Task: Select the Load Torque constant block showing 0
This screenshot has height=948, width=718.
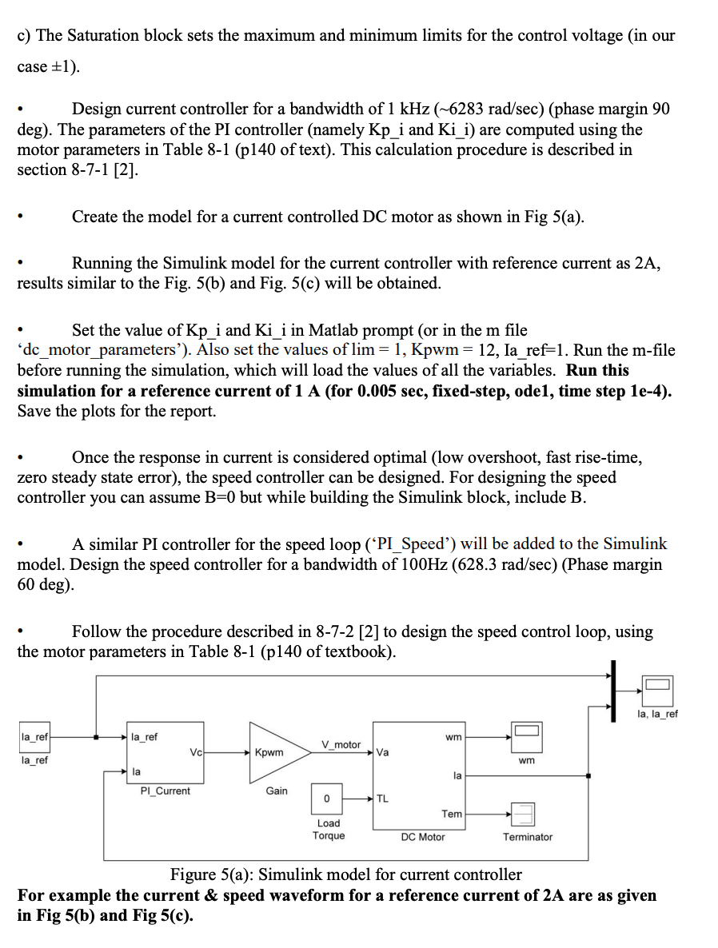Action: [x=326, y=799]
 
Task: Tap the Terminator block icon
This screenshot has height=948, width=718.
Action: [x=526, y=815]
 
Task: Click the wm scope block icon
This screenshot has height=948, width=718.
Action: [x=527, y=731]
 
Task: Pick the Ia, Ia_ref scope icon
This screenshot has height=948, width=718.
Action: [x=656, y=687]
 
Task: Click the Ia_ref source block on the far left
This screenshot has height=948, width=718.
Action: [x=34, y=737]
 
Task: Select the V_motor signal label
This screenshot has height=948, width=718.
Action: [x=341, y=744]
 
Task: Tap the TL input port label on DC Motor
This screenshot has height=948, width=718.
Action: [x=383, y=799]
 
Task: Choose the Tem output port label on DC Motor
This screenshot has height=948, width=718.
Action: [x=452, y=814]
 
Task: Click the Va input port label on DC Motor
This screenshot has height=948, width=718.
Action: [x=383, y=752]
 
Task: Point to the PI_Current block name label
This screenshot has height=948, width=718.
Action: [x=166, y=791]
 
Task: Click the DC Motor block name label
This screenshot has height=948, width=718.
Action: [x=423, y=837]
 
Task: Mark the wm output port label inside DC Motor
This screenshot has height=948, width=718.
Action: [x=453, y=737]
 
